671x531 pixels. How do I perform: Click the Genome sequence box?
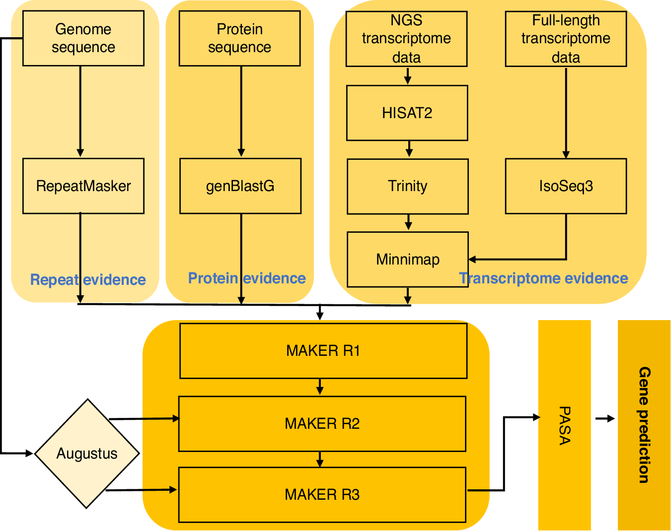click(83, 38)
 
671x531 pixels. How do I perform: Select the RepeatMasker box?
click(83, 186)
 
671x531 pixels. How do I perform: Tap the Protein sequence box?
click(239, 38)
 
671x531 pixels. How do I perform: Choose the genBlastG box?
click(240, 186)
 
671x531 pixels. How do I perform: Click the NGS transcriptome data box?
click(406, 39)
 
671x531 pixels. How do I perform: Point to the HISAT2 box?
click(407, 113)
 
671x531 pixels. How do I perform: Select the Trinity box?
click(407, 186)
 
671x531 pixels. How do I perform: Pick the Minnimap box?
click(407, 259)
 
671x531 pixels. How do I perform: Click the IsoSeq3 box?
click(566, 186)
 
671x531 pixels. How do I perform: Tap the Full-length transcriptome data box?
click(566, 39)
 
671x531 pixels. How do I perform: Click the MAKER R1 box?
click(323, 351)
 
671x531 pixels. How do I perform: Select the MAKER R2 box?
click(322, 423)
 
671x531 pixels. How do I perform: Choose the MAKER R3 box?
click(322, 494)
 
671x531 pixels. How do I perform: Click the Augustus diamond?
click(87, 454)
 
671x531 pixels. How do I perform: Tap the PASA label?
click(565, 425)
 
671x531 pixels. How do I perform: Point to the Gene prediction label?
click(644, 425)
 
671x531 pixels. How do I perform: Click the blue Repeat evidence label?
click(88, 280)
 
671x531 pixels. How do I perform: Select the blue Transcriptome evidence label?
click(543, 278)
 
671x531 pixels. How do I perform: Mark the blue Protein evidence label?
click(247, 278)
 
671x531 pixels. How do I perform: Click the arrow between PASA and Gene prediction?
click(604, 419)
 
